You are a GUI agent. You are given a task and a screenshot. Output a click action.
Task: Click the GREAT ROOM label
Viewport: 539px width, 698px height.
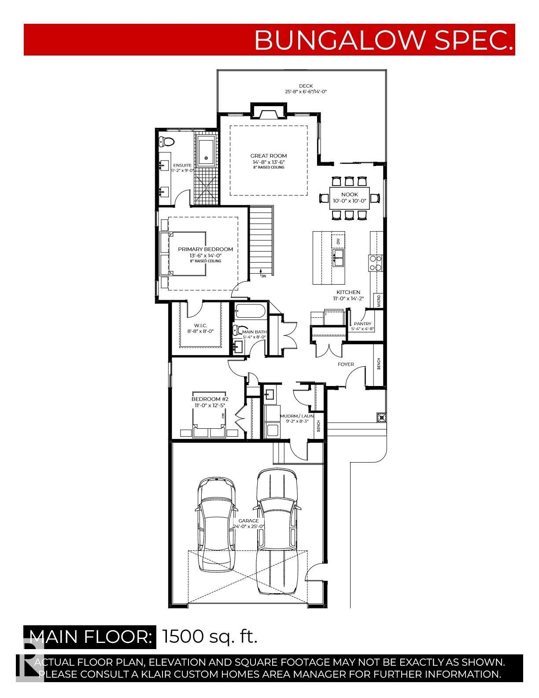[268, 156]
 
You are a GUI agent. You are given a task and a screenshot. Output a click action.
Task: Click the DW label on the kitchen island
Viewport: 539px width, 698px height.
[338, 241]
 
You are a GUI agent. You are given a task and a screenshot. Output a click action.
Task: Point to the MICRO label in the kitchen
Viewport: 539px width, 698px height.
[379, 301]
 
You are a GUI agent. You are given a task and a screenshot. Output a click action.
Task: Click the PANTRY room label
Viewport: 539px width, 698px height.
[362, 324]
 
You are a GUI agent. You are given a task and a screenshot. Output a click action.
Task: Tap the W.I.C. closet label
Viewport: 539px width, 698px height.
[200, 325]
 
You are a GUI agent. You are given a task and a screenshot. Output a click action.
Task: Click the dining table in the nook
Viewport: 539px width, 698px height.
[349, 198]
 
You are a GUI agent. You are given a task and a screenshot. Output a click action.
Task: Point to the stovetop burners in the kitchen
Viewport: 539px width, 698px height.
[375, 263]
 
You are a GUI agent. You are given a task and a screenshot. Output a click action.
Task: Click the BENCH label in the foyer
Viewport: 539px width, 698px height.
[379, 364]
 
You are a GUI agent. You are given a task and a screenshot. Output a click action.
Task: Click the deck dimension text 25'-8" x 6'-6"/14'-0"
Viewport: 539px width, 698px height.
[306, 92]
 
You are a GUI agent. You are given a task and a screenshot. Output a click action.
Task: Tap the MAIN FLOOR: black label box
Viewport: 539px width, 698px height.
[90, 637]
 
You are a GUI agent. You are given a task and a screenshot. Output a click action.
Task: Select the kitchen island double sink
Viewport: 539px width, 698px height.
[338, 259]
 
